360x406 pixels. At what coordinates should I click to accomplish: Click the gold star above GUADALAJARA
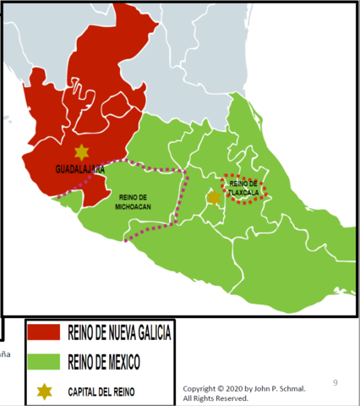pyautogui.click(x=81, y=152)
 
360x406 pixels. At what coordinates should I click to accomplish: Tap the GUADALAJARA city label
pyautogui.click(x=79, y=168)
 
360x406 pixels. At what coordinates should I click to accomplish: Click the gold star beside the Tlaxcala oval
pyautogui.click(x=215, y=197)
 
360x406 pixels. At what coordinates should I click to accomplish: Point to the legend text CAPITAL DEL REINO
pyautogui.click(x=101, y=391)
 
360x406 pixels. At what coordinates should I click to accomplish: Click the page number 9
pyautogui.click(x=335, y=383)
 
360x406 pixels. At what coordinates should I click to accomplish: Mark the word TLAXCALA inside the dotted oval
pyautogui.click(x=243, y=191)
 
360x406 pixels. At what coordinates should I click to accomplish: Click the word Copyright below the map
pyautogui.click(x=200, y=387)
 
